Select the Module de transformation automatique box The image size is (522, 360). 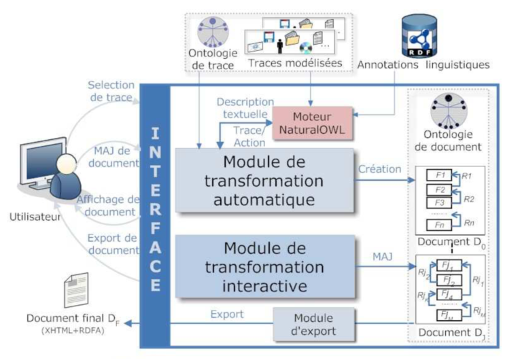coord(263,180)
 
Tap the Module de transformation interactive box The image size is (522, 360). coord(263,266)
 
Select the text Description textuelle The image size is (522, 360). coord(245,108)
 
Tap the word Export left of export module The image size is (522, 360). coord(226,314)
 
